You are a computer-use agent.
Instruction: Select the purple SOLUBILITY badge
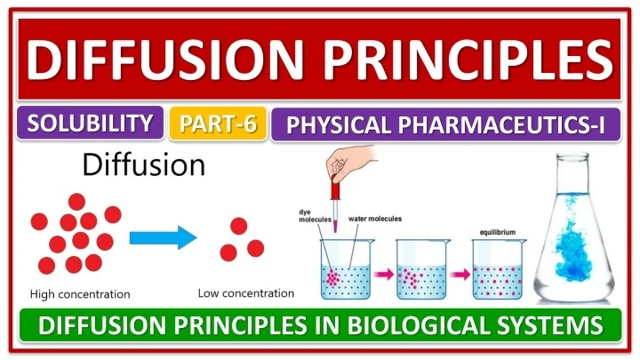pos(89,124)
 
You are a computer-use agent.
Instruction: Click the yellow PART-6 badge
pos(218,124)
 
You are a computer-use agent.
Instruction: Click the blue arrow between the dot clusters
pos(161,237)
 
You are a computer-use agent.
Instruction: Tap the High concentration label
pos(80,294)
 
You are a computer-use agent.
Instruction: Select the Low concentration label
pos(245,292)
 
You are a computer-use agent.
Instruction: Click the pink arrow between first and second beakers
pos(382,274)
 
